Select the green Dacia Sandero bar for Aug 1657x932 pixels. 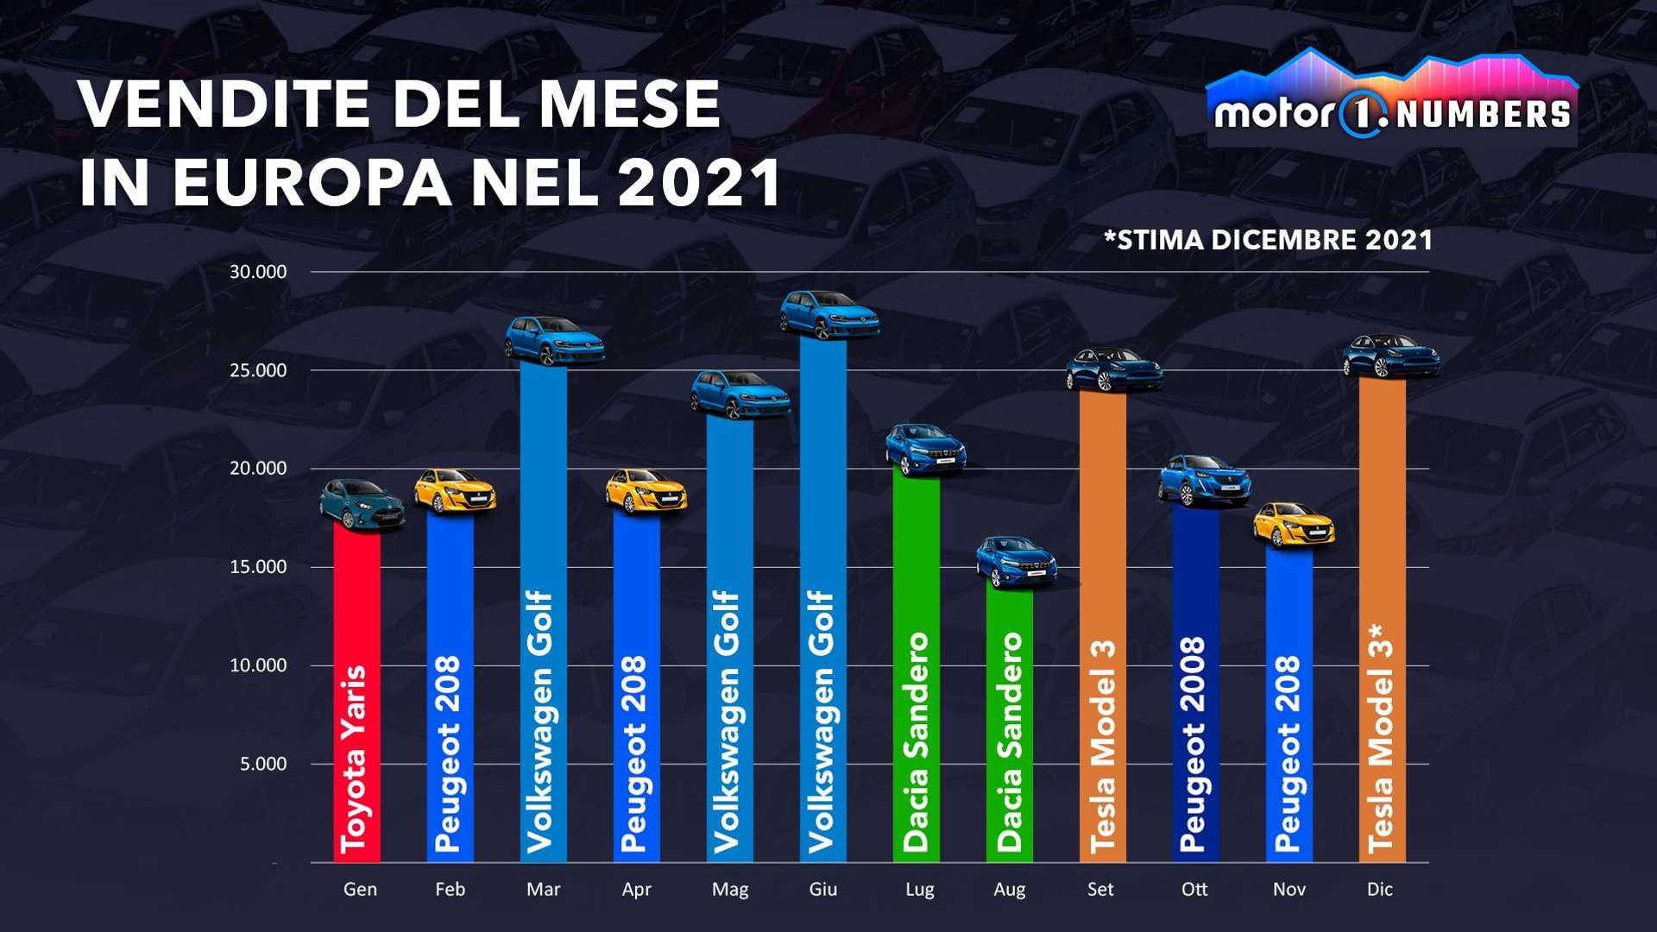[x=1009, y=725]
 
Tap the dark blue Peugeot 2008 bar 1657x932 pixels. [x=1195, y=682]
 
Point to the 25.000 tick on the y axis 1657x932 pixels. [x=257, y=370]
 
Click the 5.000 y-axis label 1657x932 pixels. [x=262, y=764]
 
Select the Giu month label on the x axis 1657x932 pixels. [x=822, y=889]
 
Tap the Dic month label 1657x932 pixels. [x=1379, y=889]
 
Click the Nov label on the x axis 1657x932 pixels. [x=1288, y=889]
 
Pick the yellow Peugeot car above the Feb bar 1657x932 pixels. [x=454, y=491]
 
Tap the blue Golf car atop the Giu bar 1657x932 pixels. [x=829, y=313]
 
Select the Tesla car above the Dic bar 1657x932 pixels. [x=1390, y=356]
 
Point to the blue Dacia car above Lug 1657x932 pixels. [x=924, y=448]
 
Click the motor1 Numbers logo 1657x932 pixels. [x=1391, y=99]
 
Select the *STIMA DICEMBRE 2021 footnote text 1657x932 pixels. [x=1268, y=240]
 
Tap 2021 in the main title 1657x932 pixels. [x=699, y=182]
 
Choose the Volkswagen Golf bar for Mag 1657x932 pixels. [x=729, y=639]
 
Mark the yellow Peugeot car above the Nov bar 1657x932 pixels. [x=1293, y=525]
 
